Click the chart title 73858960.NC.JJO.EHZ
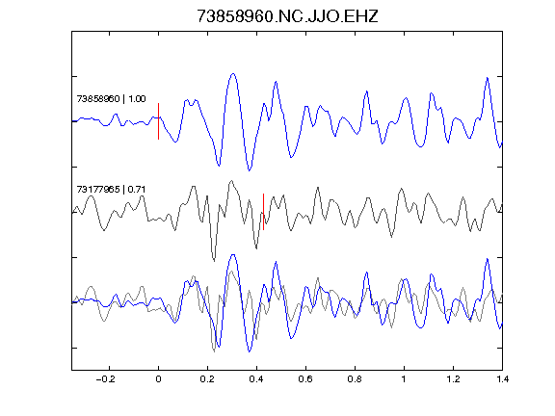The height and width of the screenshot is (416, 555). click(x=287, y=16)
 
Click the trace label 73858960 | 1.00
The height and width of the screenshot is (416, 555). click(x=111, y=98)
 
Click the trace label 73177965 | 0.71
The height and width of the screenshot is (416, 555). click(x=111, y=190)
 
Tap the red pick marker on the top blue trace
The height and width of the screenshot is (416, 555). click(x=159, y=121)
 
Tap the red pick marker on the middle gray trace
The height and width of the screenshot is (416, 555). click(x=263, y=212)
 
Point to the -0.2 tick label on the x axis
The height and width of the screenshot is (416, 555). click(x=106, y=379)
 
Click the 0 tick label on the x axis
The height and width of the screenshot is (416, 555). click(x=158, y=379)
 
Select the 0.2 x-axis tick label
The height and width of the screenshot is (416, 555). click(x=207, y=379)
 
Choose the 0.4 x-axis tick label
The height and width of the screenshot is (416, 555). click(x=256, y=379)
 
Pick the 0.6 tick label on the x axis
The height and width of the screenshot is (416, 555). click(x=305, y=379)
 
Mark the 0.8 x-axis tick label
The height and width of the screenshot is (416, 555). click(x=355, y=379)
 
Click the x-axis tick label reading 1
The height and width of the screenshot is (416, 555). click(x=404, y=379)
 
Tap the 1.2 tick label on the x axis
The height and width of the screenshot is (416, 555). click(x=453, y=379)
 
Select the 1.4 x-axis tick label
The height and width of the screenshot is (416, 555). click(x=502, y=379)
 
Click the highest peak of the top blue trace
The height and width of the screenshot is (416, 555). click(x=233, y=73)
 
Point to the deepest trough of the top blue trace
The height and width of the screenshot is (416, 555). click(x=250, y=170)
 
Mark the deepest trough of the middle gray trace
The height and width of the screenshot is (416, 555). click(x=214, y=261)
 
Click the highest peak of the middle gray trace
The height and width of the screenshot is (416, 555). click(x=232, y=181)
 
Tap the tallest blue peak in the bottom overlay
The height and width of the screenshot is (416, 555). click(x=233, y=254)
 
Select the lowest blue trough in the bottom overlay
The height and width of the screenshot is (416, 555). click(x=250, y=351)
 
